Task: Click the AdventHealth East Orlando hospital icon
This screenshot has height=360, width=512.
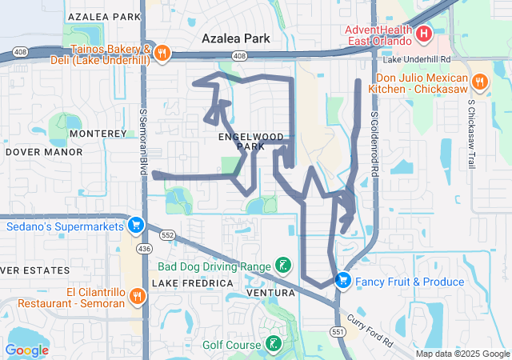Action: (x=423, y=34)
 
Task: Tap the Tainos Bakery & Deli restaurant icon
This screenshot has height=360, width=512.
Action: (x=162, y=53)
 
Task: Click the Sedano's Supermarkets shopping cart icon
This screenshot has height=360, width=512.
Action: (x=135, y=225)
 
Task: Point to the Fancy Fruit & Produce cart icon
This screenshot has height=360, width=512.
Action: (x=343, y=280)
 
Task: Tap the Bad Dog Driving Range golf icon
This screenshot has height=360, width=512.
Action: (x=282, y=265)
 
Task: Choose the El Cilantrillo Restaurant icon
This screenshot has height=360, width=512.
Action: (x=137, y=296)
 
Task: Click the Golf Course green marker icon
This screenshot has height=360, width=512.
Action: (x=273, y=344)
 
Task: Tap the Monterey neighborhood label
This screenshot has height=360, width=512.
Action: (x=98, y=133)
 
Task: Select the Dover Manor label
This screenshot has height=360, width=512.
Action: (x=44, y=151)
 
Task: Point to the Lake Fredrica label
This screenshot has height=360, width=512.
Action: (x=181, y=283)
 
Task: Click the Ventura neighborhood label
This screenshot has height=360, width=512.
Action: (x=272, y=293)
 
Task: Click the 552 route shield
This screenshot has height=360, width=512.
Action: (x=167, y=235)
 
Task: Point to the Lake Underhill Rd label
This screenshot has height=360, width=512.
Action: (x=417, y=59)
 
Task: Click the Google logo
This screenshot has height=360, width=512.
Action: (x=27, y=350)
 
